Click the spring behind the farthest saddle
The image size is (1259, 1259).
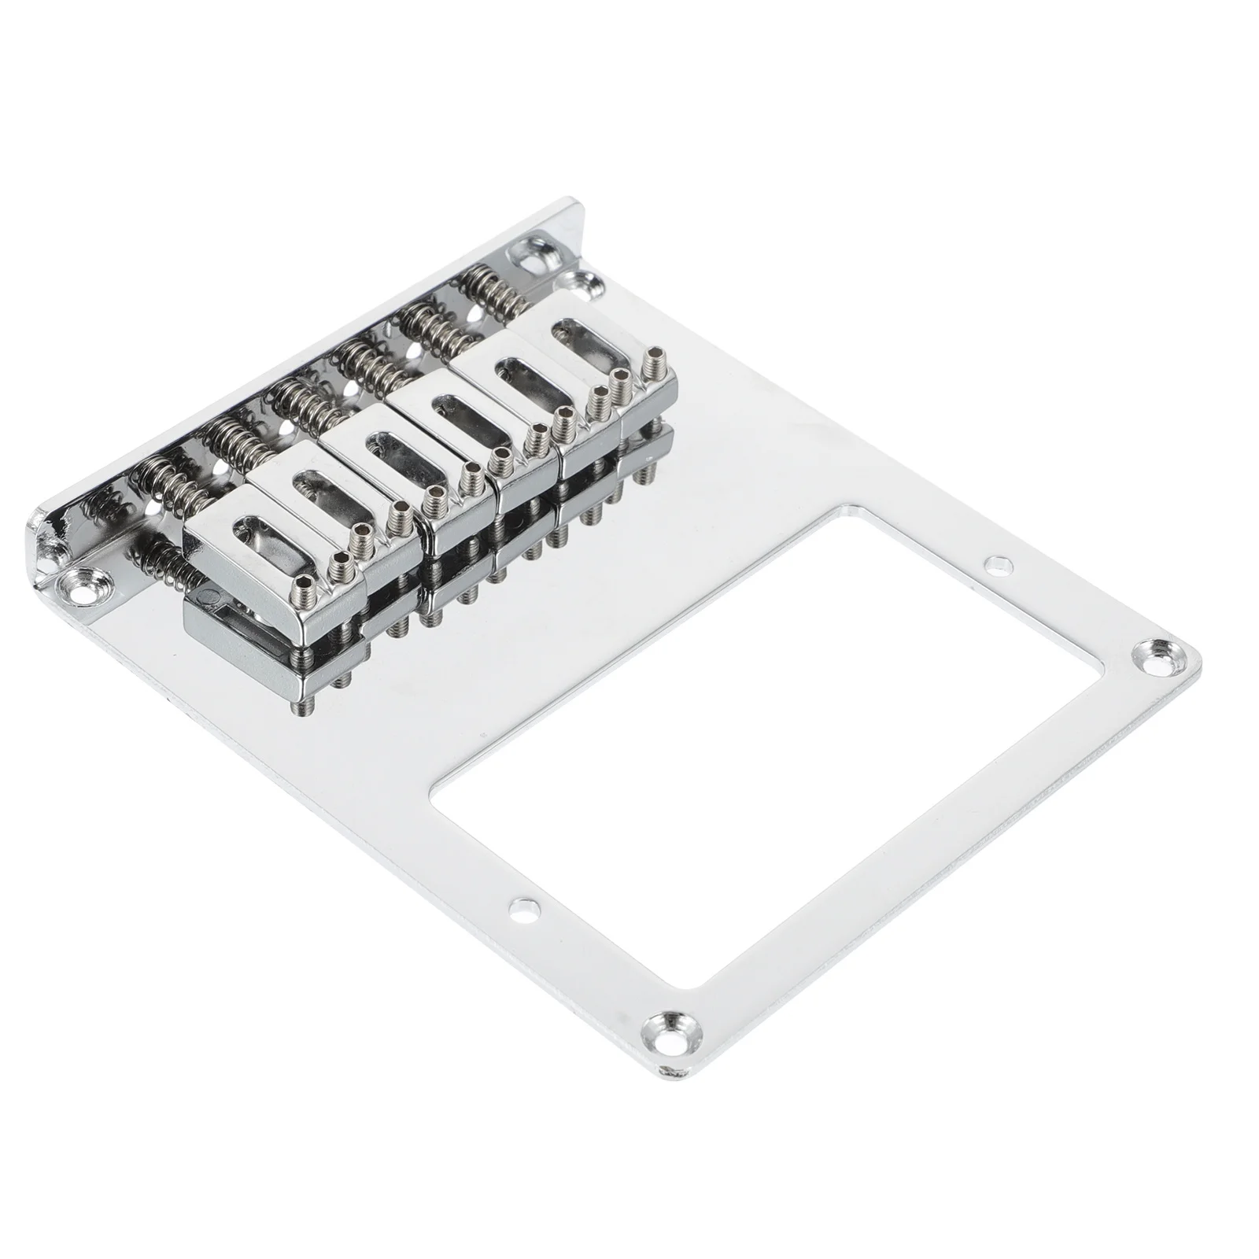click(x=487, y=282)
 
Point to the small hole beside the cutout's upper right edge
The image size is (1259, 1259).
click(x=999, y=564)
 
